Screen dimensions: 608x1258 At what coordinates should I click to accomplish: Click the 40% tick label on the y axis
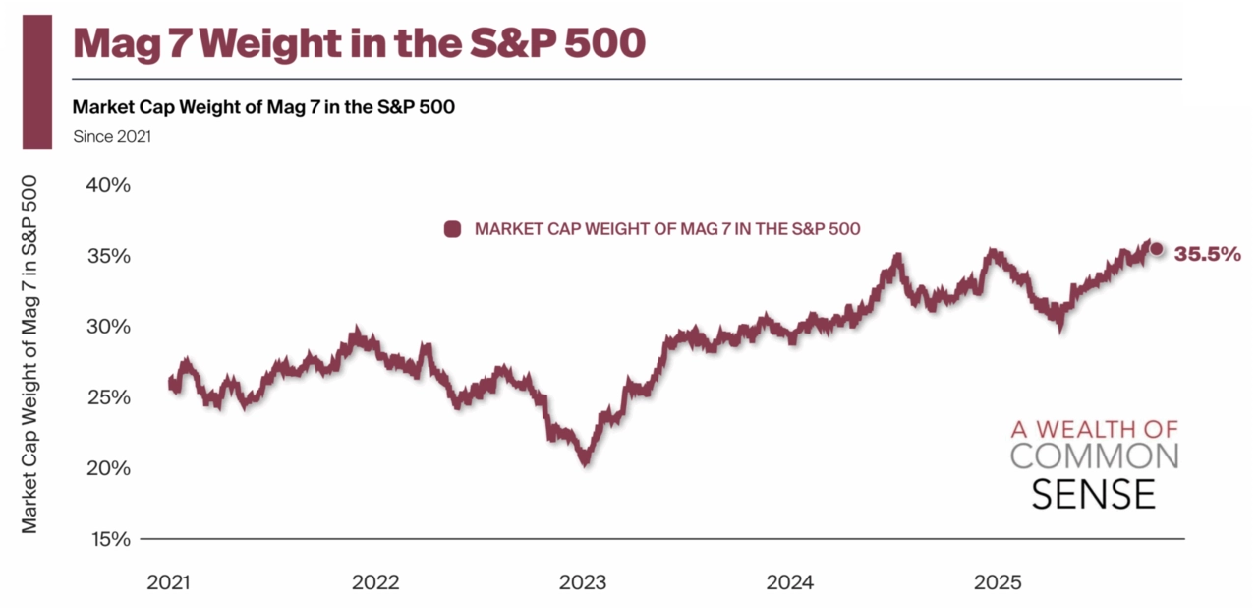(109, 185)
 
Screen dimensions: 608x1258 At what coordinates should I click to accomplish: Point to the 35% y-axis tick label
(109, 256)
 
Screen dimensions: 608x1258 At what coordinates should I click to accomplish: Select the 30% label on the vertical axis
(109, 327)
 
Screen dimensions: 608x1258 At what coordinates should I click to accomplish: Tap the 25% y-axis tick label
(109, 397)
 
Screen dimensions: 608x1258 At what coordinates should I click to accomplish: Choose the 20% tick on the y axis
(109, 468)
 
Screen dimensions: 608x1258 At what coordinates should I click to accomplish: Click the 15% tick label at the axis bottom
(109, 539)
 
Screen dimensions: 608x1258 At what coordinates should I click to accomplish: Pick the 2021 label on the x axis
(170, 582)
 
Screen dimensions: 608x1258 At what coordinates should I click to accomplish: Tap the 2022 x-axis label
(375, 582)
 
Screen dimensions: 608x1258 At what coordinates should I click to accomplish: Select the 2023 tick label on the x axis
(583, 582)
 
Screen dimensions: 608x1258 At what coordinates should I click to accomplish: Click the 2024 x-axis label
(790, 582)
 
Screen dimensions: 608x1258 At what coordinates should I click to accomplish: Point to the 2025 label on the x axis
(998, 582)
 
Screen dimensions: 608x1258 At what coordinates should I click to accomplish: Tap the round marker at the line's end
(1157, 249)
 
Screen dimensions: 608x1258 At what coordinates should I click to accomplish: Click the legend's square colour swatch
(453, 229)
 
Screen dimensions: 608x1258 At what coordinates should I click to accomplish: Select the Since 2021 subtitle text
(112, 137)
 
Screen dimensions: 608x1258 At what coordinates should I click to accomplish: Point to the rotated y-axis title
(29, 354)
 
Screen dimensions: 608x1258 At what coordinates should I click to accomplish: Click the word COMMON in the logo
(1094, 456)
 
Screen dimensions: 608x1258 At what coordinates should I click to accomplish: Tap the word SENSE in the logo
(1094, 494)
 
